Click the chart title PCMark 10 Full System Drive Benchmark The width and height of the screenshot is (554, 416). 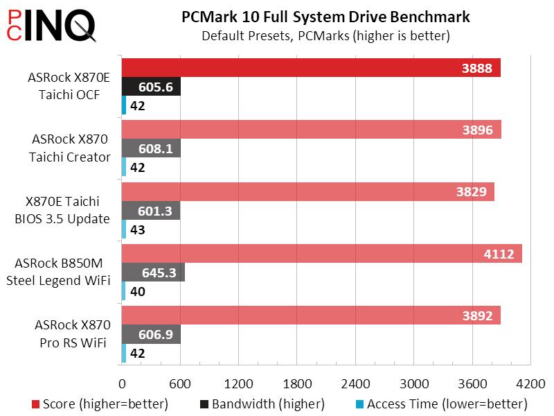pos(325,16)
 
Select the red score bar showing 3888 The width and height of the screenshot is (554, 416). pos(311,68)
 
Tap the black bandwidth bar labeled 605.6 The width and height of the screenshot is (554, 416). pos(151,87)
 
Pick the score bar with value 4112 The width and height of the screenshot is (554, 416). pos(321,254)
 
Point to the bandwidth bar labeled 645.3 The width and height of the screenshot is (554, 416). pos(153,272)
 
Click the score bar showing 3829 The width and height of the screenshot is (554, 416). pos(307,192)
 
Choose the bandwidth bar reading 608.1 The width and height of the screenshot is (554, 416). pos(151,148)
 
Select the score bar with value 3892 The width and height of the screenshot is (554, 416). pos(311,315)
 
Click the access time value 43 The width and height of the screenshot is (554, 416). pos(137,229)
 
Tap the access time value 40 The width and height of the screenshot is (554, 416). pos(137,291)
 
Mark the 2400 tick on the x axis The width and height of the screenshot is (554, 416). pos(355,383)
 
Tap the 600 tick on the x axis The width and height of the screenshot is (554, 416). pos(180,383)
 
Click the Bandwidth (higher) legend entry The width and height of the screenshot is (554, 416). pos(262,404)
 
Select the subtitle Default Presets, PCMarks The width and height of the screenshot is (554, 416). pos(325,35)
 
